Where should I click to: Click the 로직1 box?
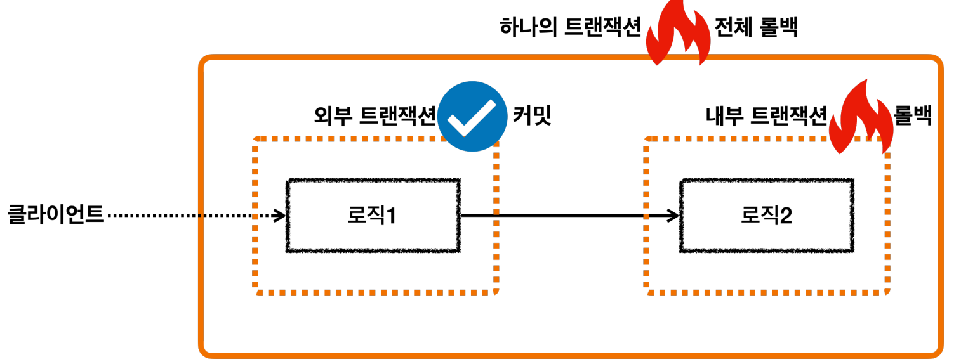[x=373, y=216]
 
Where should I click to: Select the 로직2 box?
[x=766, y=216]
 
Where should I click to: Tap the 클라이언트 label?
[x=55, y=216]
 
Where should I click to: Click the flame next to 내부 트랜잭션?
[x=861, y=119]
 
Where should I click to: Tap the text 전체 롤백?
[x=756, y=28]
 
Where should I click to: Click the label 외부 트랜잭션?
[x=375, y=116]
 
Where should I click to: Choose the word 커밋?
[x=531, y=116]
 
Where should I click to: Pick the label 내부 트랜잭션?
[x=766, y=116]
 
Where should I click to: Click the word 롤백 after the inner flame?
[x=913, y=116]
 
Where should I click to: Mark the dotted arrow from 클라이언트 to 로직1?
[x=190, y=216]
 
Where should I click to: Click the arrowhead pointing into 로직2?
[x=673, y=216]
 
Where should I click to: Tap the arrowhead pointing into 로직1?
[x=279, y=216]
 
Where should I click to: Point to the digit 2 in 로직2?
[x=785, y=216]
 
